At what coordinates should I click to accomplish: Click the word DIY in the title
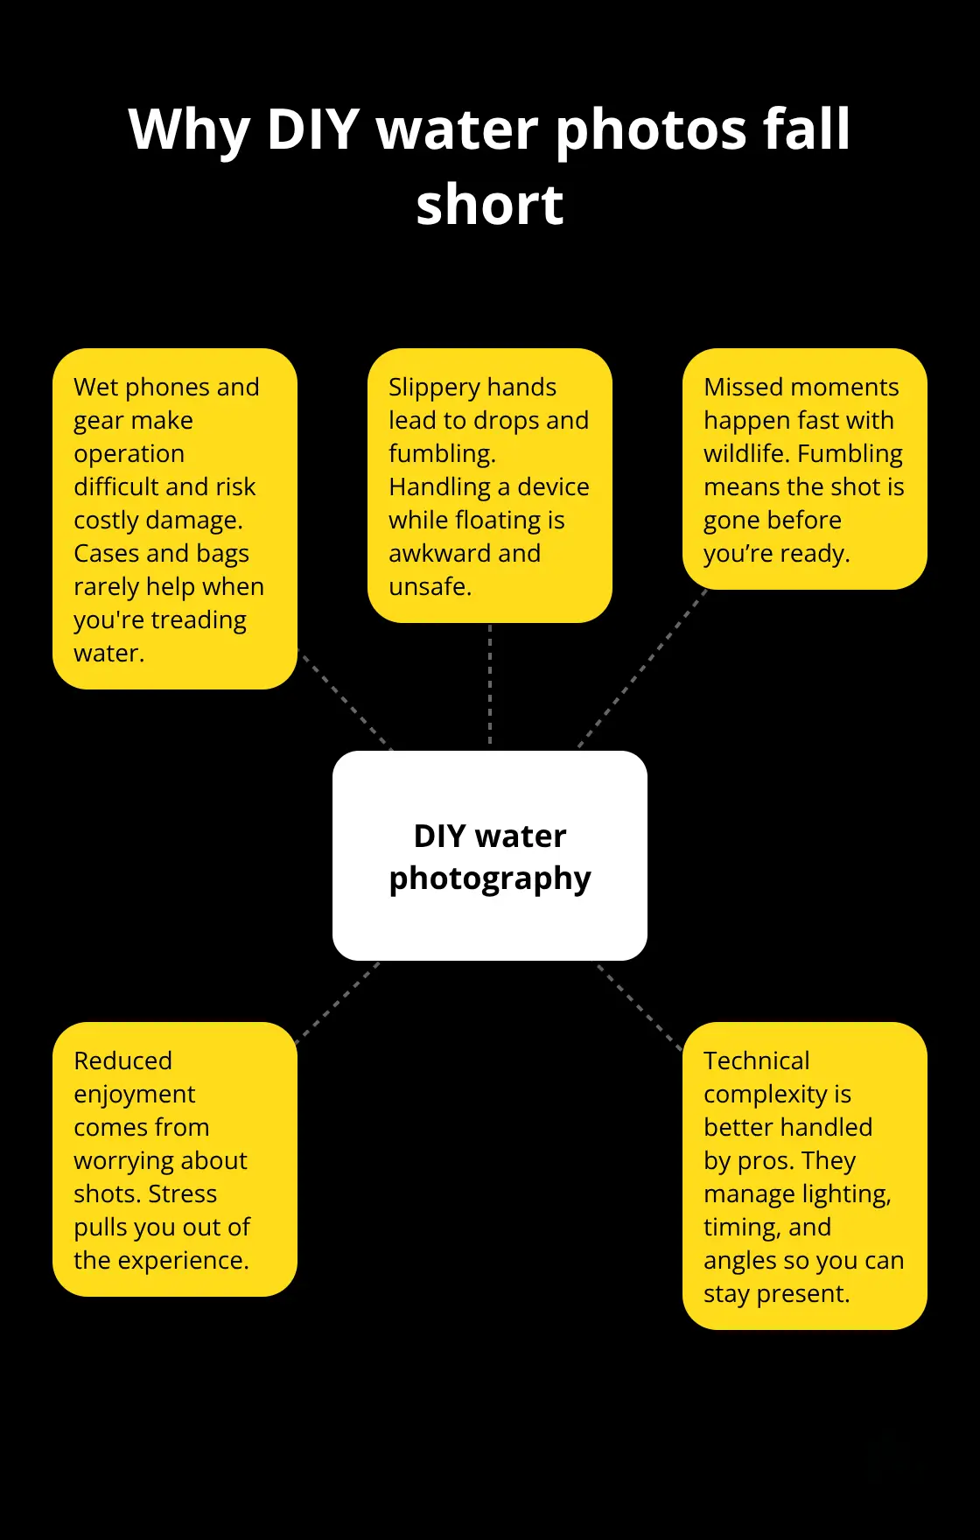(313, 129)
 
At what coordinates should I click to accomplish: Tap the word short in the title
(490, 206)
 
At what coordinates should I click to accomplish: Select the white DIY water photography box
(490, 856)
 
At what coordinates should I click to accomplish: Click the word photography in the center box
(490, 878)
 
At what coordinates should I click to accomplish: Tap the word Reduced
(122, 1060)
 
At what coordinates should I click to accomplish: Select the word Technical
(756, 1060)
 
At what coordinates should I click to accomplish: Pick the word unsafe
(430, 586)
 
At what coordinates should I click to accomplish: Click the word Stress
(182, 1193)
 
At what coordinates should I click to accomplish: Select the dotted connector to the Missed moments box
(643, 668)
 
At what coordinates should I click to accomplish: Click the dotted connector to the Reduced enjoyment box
(339, 1003)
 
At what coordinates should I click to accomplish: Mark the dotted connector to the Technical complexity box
(640, 1006)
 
